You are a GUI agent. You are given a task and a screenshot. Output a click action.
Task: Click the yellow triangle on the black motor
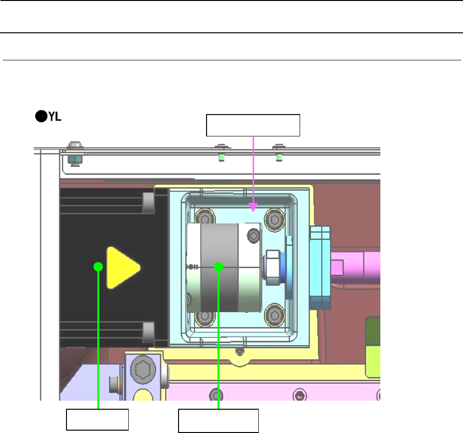(122, 268)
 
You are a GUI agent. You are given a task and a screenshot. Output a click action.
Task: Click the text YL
(55, 116)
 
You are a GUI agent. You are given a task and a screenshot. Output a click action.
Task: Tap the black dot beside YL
(41, 116)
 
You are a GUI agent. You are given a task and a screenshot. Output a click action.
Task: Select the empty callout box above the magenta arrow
(253, 125)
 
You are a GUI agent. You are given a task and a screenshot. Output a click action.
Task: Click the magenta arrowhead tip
(253, 212)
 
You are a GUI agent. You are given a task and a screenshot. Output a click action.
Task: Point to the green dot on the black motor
(98, 267)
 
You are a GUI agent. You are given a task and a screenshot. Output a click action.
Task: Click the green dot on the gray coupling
(218, 267)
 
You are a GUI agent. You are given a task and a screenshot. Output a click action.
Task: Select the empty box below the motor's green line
(97, 420)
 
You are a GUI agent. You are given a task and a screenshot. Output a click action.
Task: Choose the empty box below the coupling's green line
(218, 421)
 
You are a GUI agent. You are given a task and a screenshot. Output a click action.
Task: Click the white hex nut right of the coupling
(273, 268)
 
